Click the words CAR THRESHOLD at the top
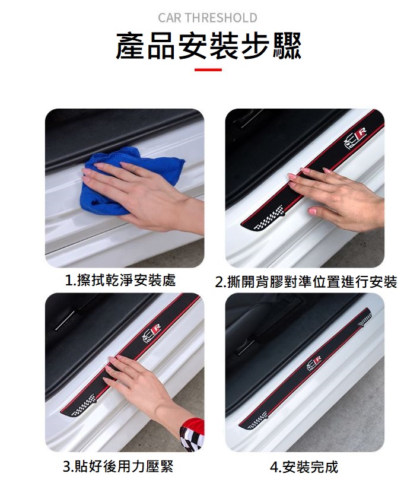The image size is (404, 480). [x=208, y=18]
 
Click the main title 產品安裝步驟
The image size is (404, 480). [x=208, y=46]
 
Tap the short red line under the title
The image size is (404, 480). [x=208, y=70]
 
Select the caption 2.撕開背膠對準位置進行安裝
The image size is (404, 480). [x=306, y=282]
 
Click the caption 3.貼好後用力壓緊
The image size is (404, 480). [x=119, y=465]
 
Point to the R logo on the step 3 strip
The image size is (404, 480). [x=152, y=333]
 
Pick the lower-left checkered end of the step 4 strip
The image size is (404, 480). [x=255, y=422]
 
